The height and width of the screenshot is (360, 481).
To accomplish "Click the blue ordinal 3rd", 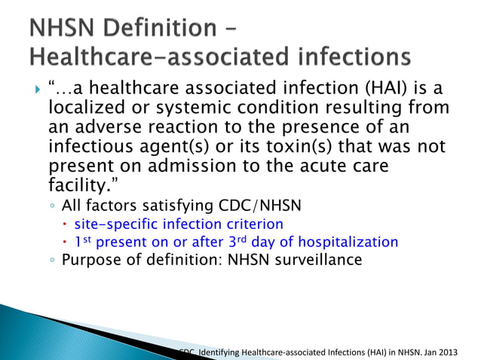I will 228,241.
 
